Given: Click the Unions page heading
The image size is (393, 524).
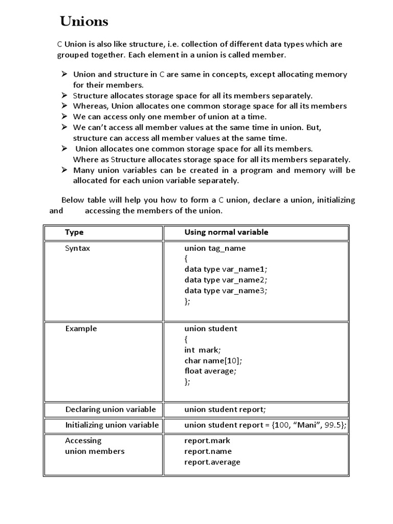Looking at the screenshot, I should point(84,21).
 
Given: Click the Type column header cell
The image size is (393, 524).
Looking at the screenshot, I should point(74,232).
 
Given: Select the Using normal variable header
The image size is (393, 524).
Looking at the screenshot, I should point(226,232).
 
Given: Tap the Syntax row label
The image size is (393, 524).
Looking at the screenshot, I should point(77,248).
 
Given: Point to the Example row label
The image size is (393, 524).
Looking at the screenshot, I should point(81,329).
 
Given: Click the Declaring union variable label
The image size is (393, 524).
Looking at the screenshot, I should point(111,409).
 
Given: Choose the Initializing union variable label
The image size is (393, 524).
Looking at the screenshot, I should point(112,425).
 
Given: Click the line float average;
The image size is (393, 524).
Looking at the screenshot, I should point(210,371).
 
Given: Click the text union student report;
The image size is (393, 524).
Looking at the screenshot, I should point(225,409).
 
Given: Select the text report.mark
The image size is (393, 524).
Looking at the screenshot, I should point(207,441).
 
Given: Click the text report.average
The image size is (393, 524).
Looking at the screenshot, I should point(212,462).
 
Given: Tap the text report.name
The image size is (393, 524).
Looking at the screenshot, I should point(208,451).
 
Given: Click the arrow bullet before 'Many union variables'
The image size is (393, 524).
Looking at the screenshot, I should point(64,170).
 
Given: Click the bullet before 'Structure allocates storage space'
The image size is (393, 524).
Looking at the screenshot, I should point(64,96).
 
